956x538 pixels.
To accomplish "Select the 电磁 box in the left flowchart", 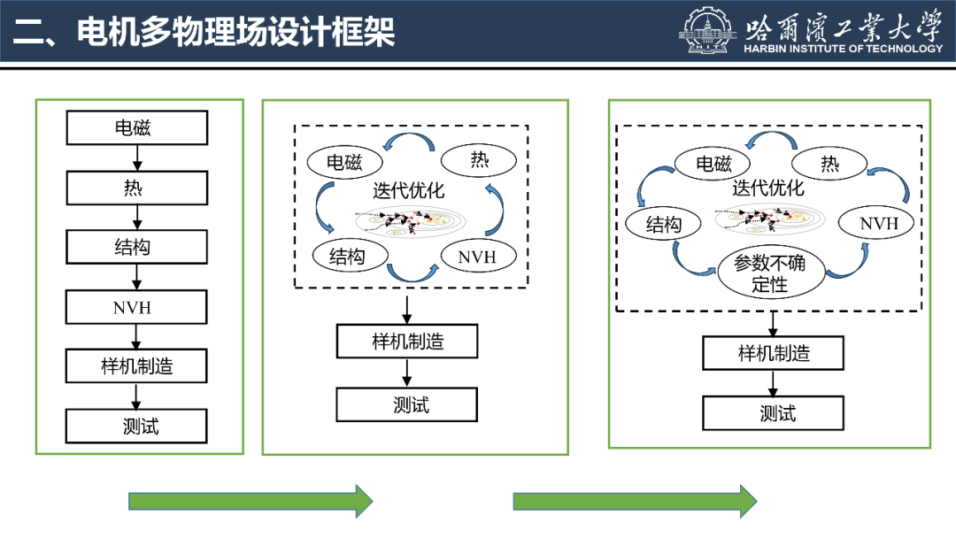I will tap(136, 128).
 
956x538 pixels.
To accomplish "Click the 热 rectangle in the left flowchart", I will tap(136, 188).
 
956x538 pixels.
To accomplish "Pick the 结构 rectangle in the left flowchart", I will tap(136, 248).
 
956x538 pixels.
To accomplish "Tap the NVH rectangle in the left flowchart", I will tap(136, 308).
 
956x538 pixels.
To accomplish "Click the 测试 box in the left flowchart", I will tap(136, 427).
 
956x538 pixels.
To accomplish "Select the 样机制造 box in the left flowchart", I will tap(136, 366).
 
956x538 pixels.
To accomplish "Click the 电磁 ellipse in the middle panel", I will tap(345, 162).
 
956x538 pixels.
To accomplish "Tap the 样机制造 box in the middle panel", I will tap(407, 342).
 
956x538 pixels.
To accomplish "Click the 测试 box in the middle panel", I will tap(407, 404).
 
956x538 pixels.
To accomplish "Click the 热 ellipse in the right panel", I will tap(830, 164).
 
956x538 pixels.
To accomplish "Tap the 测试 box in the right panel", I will tap(773, 413).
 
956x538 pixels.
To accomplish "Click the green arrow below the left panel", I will tap(251, 501).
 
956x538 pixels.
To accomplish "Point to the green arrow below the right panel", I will tap(635, 501).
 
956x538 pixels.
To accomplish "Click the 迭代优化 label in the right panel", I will tap(767, 188).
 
